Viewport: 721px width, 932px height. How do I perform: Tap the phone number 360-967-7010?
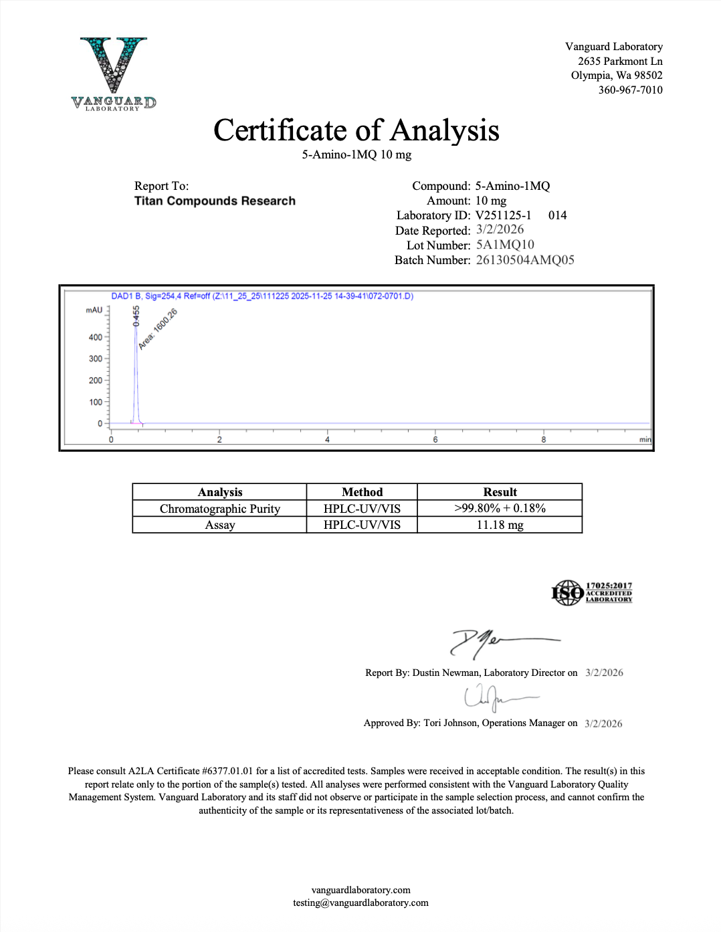(630, 90)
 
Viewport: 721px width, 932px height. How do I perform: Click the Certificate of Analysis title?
(356, 130)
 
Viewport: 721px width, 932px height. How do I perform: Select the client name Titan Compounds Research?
(215, 201)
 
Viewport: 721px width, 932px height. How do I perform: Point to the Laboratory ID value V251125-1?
(503, 215)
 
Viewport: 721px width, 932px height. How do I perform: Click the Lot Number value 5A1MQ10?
(505, 245)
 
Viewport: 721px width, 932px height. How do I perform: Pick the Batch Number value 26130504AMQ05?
(525, 260)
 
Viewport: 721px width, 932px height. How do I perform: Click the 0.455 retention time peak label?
(136, 316)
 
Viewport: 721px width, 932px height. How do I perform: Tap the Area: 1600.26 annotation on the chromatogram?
(158, 329)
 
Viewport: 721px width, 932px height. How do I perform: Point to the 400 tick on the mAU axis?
(96, 338)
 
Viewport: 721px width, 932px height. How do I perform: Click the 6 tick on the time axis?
(435, 439)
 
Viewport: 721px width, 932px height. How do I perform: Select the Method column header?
(362, 492)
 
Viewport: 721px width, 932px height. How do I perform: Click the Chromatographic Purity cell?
(219, 509)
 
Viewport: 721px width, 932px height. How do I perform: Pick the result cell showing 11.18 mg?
(500, 525)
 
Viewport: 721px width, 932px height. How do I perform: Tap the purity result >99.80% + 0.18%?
(500, 509)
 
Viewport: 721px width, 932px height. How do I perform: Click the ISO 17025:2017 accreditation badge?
(591, 592)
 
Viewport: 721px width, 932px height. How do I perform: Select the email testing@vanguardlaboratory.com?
(360, 903)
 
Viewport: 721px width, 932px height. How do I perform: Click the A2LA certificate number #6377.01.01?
(227, 771)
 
